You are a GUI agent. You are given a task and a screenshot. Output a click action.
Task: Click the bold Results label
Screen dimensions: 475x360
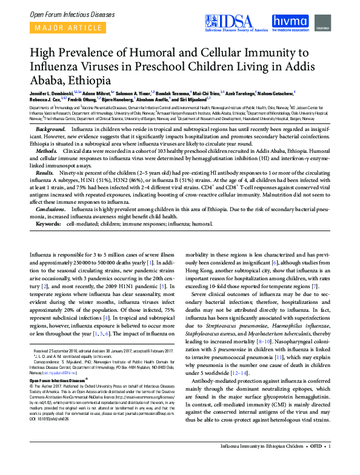point(46,173)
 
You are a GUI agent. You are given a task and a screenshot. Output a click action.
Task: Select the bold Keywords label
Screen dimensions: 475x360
point(48,223)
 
